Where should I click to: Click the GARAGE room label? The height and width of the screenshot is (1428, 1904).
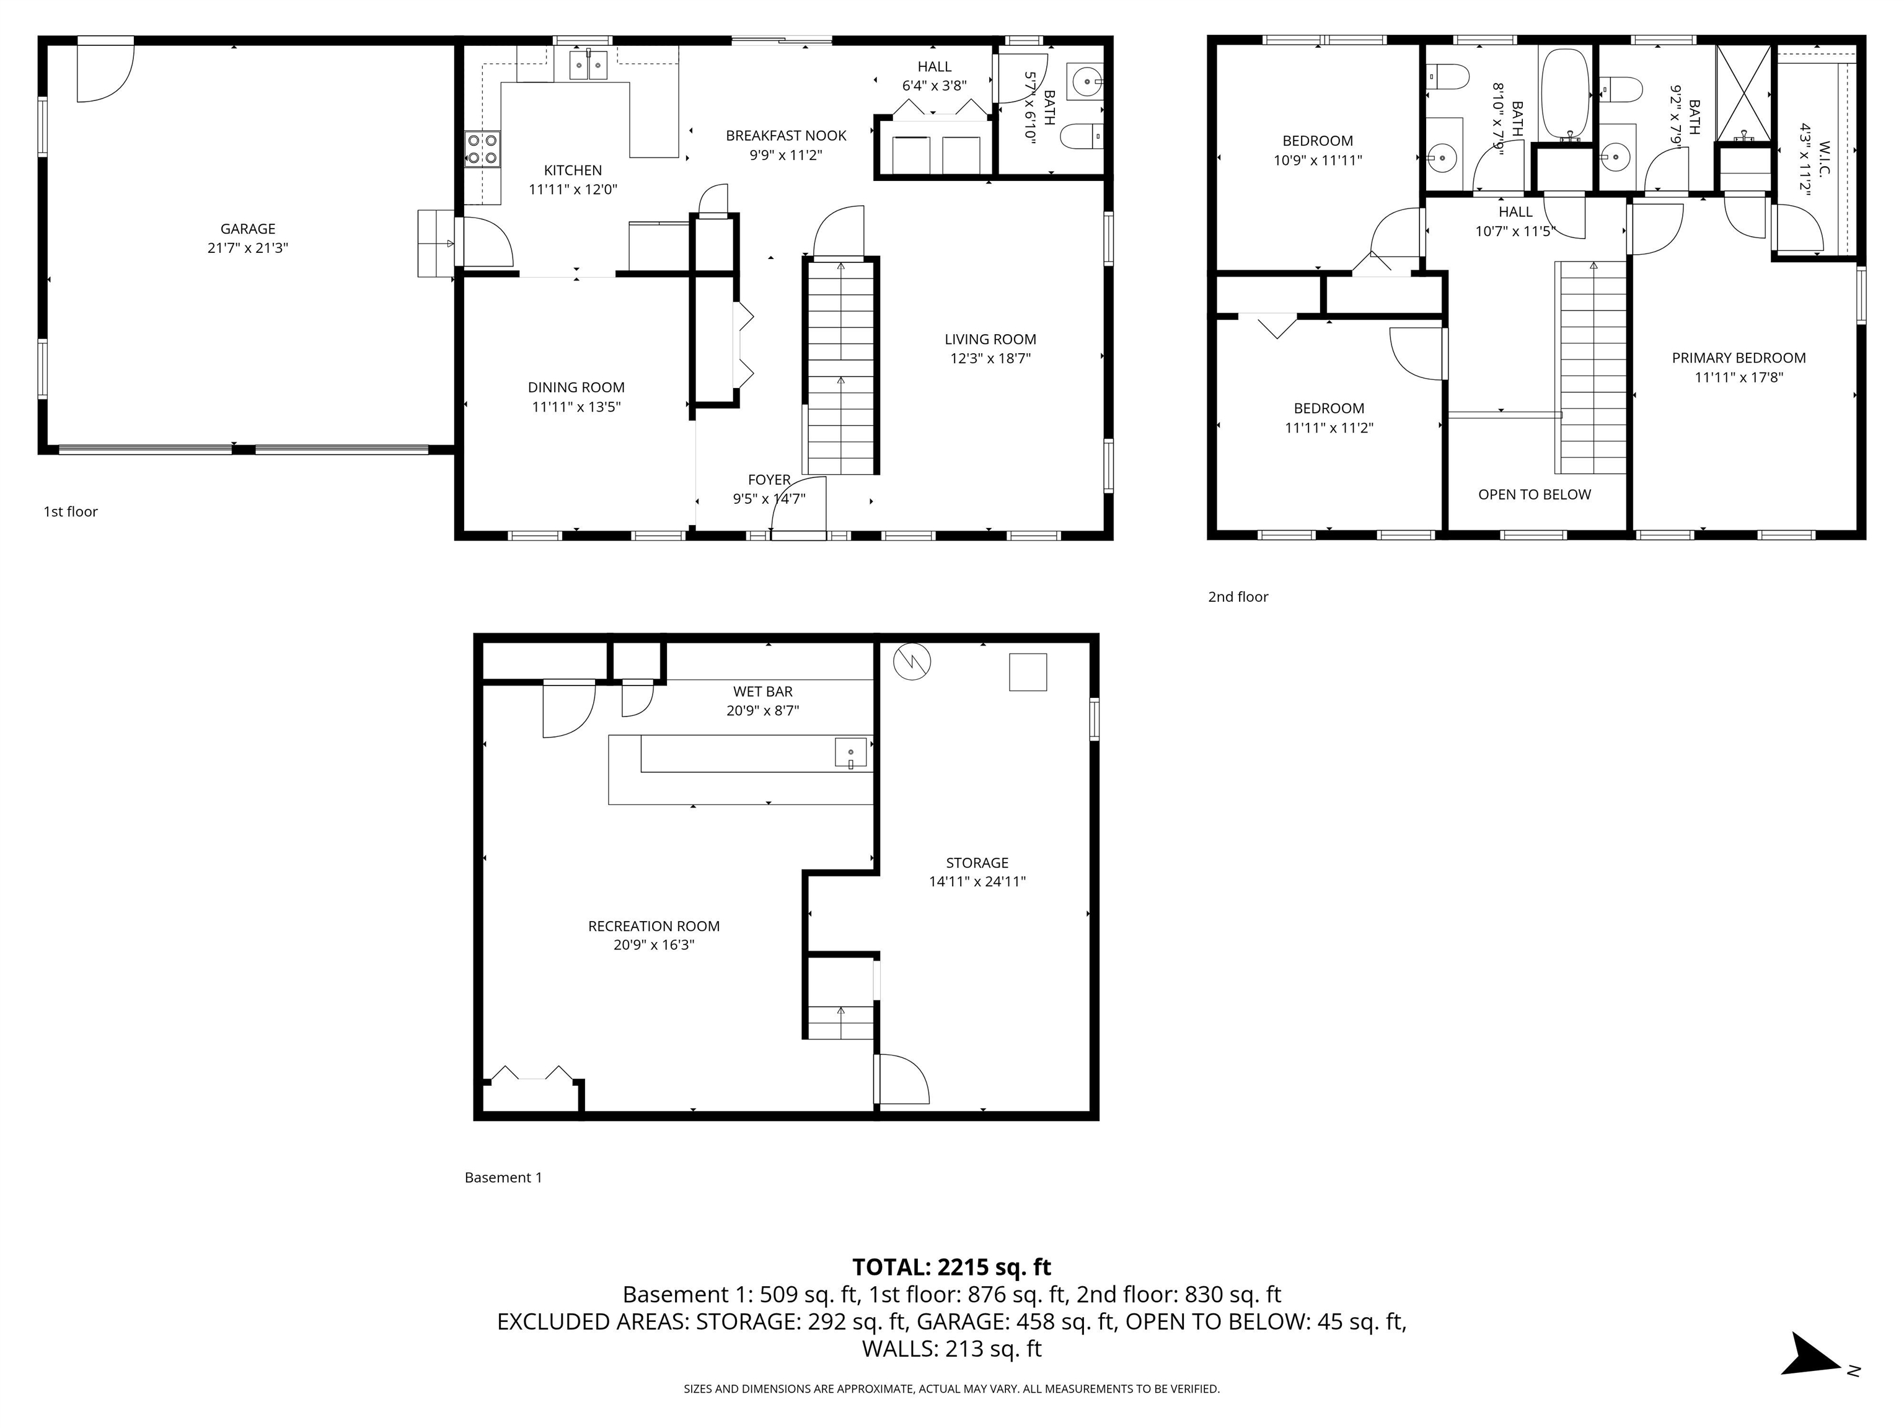coord(248,229)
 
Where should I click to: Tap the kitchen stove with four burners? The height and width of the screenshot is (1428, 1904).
coord(482,149)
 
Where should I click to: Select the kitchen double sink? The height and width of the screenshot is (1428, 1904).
coord(589,64)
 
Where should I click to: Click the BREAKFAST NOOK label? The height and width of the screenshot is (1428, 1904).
coord(786,136)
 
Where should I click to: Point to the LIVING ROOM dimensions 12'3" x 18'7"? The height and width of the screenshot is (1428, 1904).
coord(990,359)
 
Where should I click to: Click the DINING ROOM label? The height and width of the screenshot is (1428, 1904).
coord(576,388)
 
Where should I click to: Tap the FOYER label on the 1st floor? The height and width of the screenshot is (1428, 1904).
coord(769,480)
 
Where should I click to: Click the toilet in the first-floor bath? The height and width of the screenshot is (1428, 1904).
coord(1081,136)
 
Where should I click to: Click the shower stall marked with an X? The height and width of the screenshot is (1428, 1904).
coord(1745,92)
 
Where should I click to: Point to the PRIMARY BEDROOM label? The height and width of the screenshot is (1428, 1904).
coord(1739,358)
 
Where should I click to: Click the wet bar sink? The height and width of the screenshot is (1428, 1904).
coord(850,753)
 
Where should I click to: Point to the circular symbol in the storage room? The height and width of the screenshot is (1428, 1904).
coord(912,661)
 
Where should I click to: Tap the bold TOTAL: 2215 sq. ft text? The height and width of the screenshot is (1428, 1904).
coord(951,1267)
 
